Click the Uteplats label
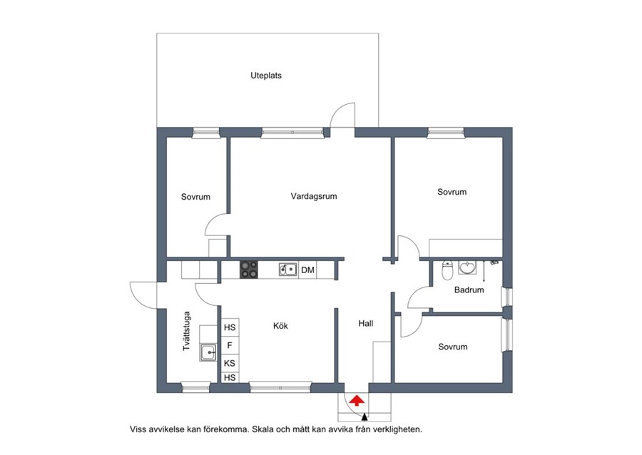click(266, 76)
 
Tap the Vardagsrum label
click(314, 196)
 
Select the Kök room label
click(280, 326)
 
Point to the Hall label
click(366, 323)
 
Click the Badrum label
click(469, 290)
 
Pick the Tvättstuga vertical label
click(187, 331)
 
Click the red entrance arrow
click(357, 400)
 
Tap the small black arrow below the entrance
click(365, 417)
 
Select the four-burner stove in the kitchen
click(249, 270)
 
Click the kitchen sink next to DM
click(288, 270)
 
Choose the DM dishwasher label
click(308, 270)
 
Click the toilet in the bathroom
click(447, 270)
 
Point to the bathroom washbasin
click(467, 267)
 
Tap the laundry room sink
click(208, 352)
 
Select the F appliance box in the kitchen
click(230, 345)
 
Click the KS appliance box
click(230, 363)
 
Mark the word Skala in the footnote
click(262, 429)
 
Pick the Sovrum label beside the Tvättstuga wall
click(195, 197)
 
